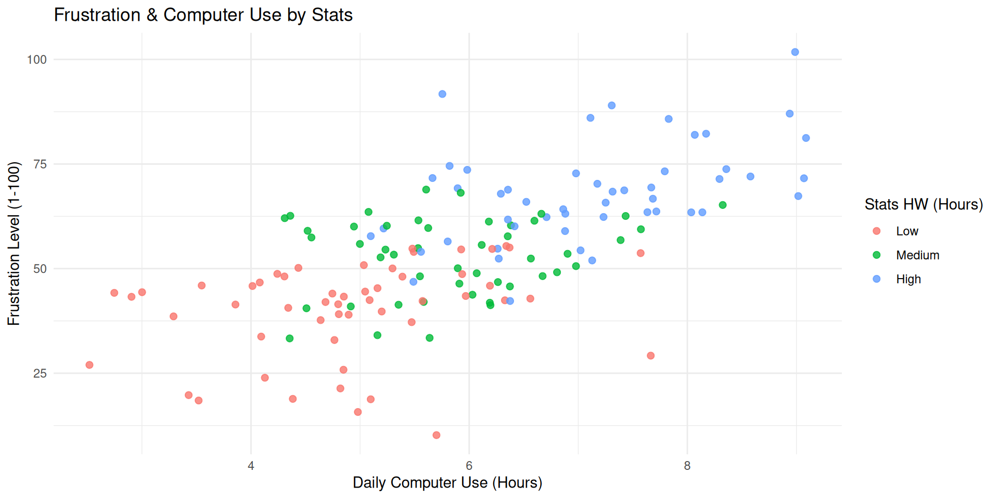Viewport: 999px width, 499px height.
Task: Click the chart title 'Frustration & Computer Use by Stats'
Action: tap(203, 15)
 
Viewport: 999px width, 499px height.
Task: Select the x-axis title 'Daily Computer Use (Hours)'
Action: tap(447, 482)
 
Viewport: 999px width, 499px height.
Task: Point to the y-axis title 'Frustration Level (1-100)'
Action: tap(14, 243)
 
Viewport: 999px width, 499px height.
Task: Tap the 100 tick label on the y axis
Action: tap(37, 60)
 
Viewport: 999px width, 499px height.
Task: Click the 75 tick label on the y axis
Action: tap(40, 164)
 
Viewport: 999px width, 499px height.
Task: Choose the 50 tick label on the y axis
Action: tap(40, 269)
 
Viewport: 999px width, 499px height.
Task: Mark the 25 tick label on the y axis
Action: tap(40, 374)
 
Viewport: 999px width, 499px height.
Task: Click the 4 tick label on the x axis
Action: tap(251, 466)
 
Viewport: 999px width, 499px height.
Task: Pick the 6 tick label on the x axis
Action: tap(469, 466)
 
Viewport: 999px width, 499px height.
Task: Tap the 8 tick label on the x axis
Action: tap(687, 466)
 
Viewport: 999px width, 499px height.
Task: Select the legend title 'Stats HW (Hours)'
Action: tap(924, 204)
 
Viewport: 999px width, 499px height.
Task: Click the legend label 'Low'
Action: tap(907, 231)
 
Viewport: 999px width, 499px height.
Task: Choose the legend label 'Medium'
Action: tap(917, 255)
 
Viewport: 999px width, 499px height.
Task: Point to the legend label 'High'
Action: tap(908, 279)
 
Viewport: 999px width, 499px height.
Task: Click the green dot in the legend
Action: tap(876, 255)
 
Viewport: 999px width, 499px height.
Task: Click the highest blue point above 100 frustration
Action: tap(795, 52)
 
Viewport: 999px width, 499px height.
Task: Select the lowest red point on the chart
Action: tap(436, 435)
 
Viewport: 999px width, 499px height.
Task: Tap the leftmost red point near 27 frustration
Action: tap(89, 365)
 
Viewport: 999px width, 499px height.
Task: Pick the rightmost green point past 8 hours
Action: tap(722, 205)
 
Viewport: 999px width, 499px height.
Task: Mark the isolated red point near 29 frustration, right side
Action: tap(650, 356)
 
